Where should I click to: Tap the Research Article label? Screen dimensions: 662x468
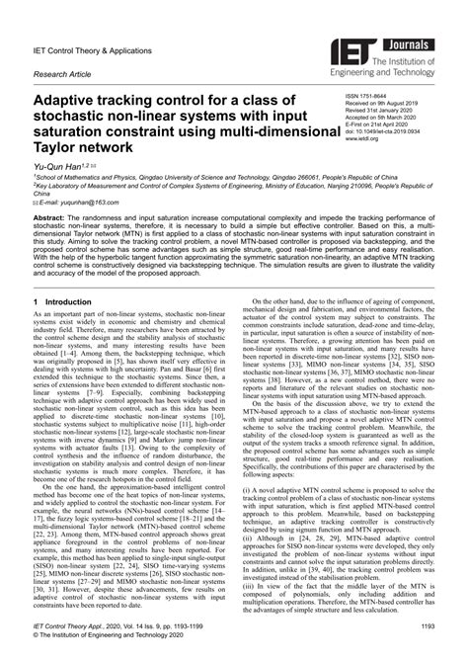(64, 73)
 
